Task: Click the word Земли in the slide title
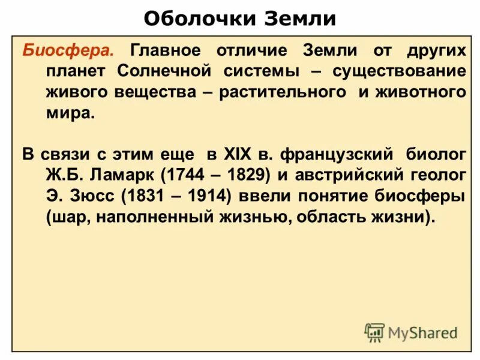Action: [x=300, y=19]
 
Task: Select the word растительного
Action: [x=282, y=92]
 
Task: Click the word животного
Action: [x=420, y=92]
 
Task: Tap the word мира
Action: [x=70, y=113]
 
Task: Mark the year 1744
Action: [x=182, y=176]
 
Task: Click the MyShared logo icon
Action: [x=374, y=332]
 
